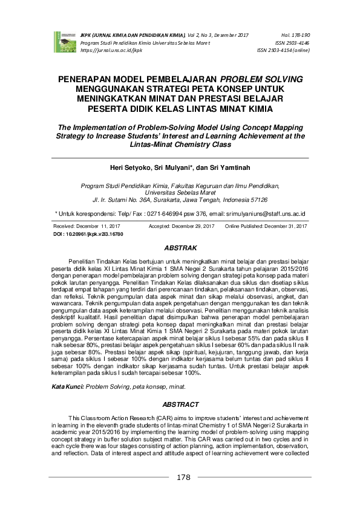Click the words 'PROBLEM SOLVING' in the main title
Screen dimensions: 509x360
point(263,80)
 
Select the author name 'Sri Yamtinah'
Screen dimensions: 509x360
point(223,167)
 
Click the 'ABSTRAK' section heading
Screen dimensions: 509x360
point(180,248)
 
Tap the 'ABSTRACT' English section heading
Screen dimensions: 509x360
point(180,404)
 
